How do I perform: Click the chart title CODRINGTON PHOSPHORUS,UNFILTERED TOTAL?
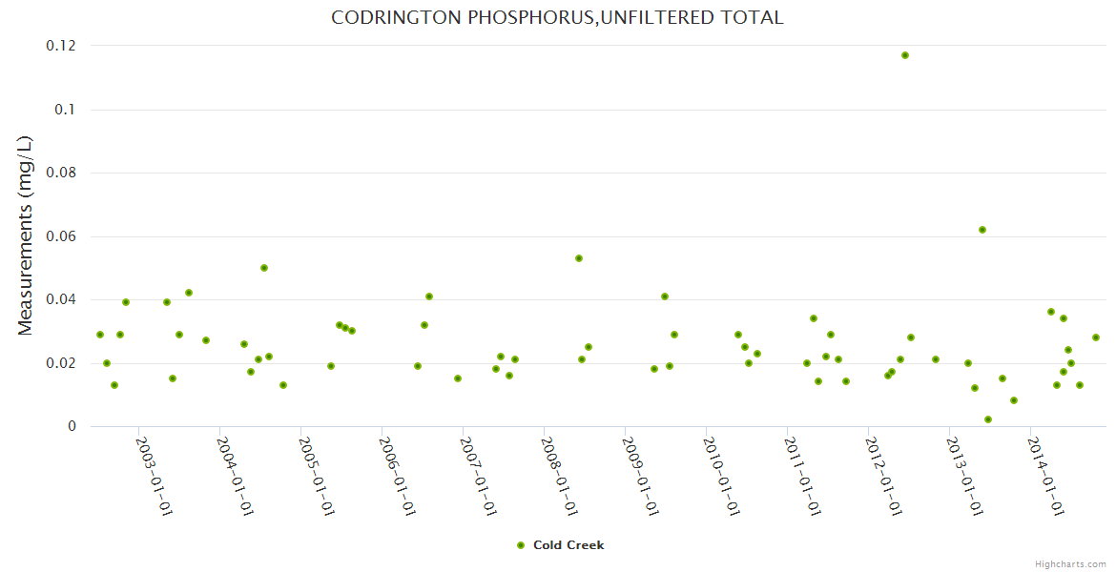[557, 17]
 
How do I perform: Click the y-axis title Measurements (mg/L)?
[26, 235]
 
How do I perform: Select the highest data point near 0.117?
[905, 55]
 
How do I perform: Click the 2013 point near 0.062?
[982, 230]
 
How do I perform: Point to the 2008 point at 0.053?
[579, 258]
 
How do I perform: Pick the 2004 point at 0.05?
[264, 268]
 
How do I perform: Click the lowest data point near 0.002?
[988, 419]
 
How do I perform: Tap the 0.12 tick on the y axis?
[61, 46]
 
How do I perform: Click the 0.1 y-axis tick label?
[65, 110]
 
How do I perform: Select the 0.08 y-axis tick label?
[61, 173]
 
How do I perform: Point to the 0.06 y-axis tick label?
[61, 236]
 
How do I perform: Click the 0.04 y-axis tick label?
[61, 299]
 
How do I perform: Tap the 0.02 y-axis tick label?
[61, 363]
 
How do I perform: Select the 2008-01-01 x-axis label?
[560, 477]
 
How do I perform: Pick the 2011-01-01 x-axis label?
[803, 477]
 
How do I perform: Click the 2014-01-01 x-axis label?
[1046, 477]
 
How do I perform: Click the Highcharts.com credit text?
[1070, 563]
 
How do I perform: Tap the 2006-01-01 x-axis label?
[398, 477]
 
